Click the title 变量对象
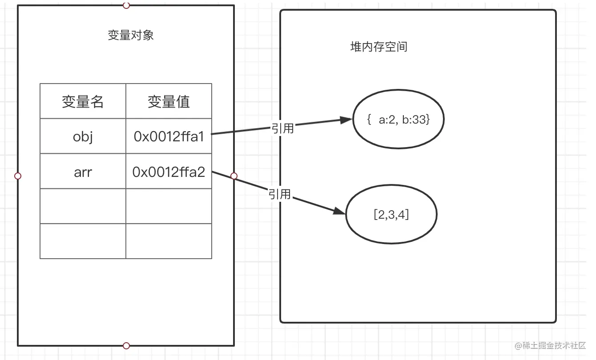click(x=131, y=36)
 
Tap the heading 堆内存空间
click(x=379, y=47)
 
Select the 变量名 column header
click(x=83, y=102)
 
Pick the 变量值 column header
click(x=169, y=102)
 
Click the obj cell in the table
click(x=83, y=136)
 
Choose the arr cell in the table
click(x=83, y=172)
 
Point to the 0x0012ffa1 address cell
click(x=169, y=136)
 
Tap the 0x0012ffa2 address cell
click(x=169, y=172)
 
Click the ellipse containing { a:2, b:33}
click(x=399, y=120)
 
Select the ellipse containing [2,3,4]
click(x=391, y=215)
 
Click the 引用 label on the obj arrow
click(x=282, y=128)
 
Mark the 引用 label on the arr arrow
click(x=279, y=194)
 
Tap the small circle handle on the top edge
click(x=126, y=5)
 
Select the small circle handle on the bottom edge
click(x=126, y=346)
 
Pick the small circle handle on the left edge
click(x=18, y=176)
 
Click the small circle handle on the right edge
click(x=234, y=176)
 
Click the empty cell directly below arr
click(x=83, y=206)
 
